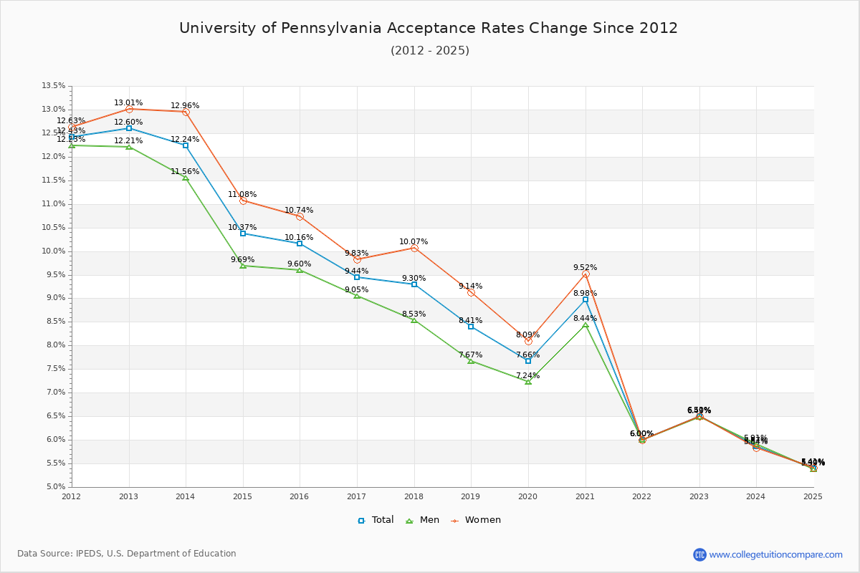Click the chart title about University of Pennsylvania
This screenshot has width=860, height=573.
(429, 28)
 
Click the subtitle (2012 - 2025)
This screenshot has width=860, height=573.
(430, 51)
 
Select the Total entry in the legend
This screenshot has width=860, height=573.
(376, 520)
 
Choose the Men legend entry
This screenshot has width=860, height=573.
(424, 520)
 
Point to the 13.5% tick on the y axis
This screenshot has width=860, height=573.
(54, 86)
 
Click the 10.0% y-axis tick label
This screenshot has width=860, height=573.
(54, 251)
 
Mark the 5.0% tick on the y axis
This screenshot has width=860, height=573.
(55, 487)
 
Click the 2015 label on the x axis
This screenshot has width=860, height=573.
(242, 496)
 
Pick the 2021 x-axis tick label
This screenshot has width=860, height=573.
(585, 496)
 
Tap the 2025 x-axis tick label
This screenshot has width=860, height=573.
(813, 496)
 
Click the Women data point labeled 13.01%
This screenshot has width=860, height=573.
(129, 109)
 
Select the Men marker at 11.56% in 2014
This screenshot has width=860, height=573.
(186, 178)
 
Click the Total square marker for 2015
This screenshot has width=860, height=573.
(243, 233)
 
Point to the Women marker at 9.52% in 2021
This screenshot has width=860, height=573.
(586, 274)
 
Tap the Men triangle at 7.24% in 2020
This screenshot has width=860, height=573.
(528, 382)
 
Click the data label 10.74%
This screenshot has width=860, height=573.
(299, 211)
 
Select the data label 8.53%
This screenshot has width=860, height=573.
(414, 314)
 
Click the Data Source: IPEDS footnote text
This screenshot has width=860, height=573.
(127, 554)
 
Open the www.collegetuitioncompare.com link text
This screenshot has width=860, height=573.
(775, 554)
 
